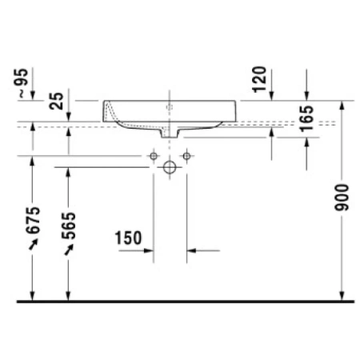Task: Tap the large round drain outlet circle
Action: click(x=170, y=167)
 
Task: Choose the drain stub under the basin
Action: click(x=170, y=133)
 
